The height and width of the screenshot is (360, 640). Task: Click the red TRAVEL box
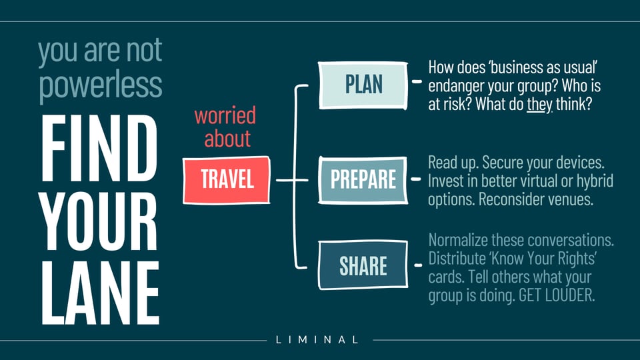[x=226, y=180]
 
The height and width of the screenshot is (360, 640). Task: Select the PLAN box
[x=363, y=85]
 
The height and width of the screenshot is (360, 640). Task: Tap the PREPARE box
[x=363, y=179]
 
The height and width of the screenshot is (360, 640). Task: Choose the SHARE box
[x=363, y=266]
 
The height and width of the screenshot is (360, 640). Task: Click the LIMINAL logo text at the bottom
[x=317, y=340]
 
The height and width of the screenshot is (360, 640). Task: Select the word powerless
[x=100, y=85]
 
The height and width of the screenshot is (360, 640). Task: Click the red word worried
[x=225, y=115]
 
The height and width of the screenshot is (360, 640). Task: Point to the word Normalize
[x=459, y=239]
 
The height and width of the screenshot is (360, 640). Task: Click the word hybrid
[x=593, y=181]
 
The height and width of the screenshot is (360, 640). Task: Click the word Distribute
[x=458, y=258]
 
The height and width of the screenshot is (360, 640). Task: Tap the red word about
[x=227, y=139]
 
